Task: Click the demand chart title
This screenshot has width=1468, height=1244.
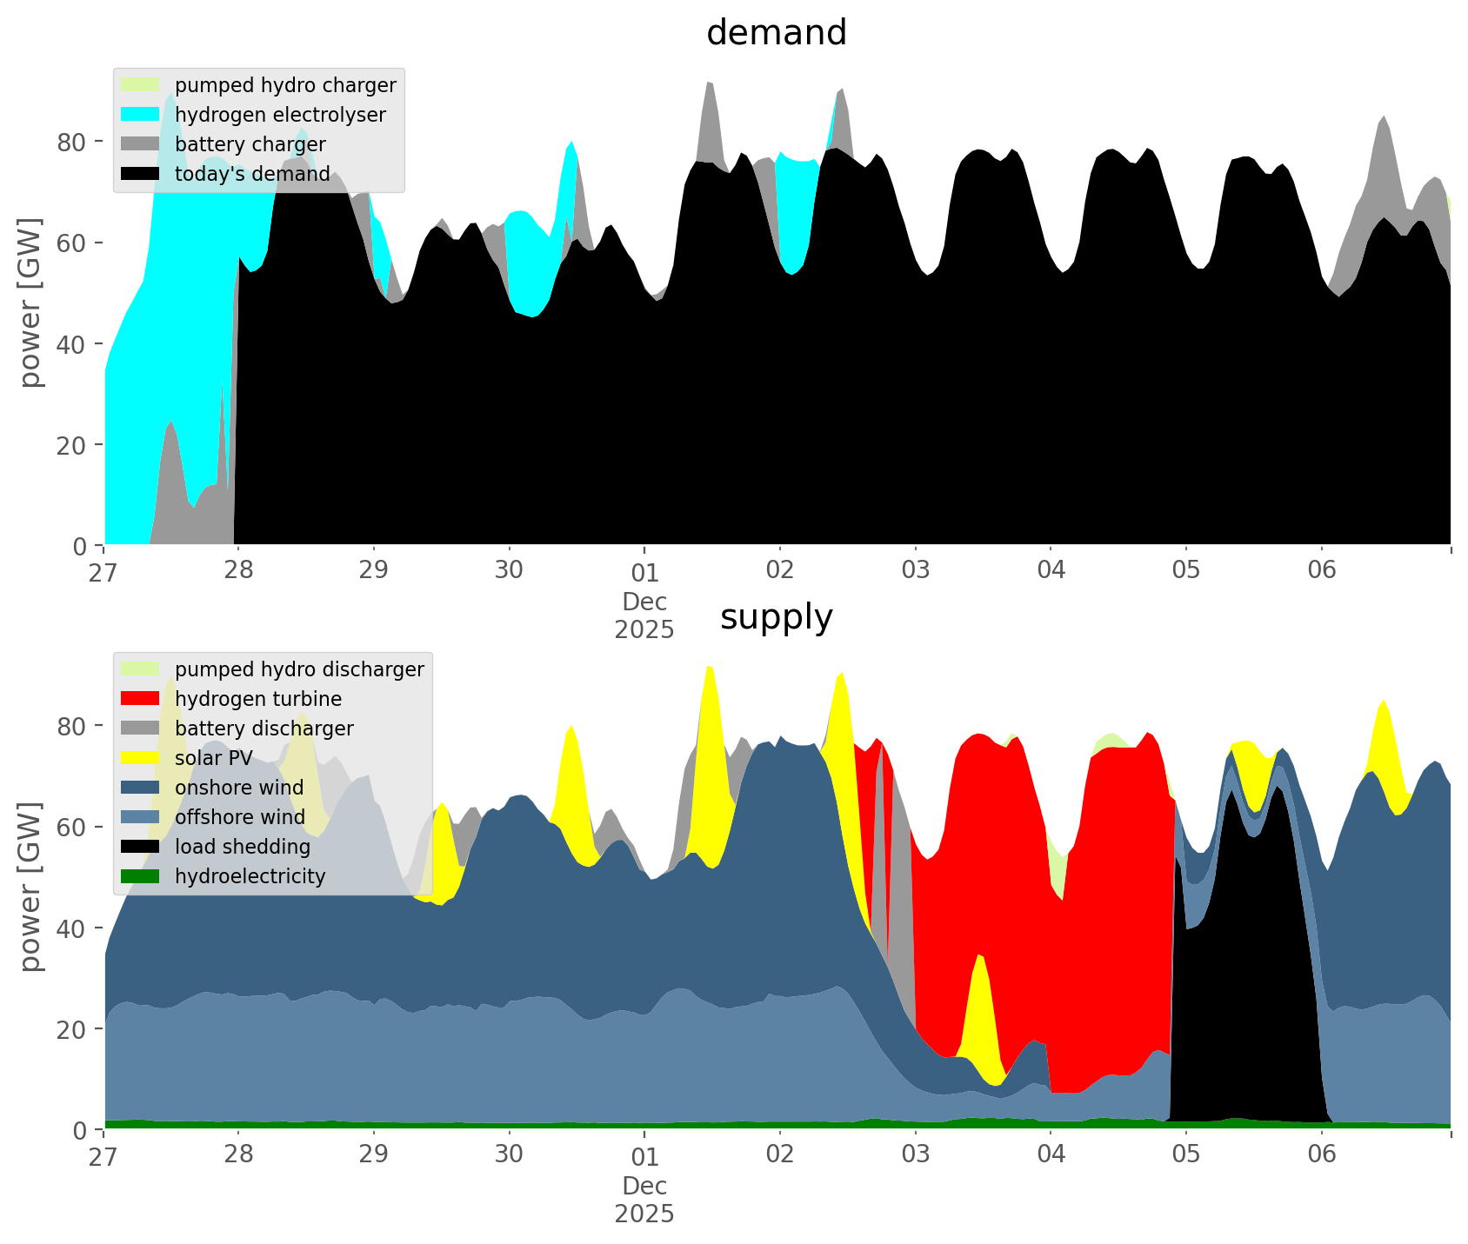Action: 776,33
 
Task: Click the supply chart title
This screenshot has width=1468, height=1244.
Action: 776,617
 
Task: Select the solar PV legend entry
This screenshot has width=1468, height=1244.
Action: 213,758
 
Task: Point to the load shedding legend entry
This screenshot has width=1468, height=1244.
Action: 243,847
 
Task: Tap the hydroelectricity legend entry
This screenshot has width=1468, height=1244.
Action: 250,876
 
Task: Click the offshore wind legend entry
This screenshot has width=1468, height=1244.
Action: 240,817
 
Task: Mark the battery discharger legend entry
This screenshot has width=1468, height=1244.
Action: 264,728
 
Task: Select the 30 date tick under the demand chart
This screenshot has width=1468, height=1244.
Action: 509,571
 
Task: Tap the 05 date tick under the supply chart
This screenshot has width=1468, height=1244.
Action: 1186,1155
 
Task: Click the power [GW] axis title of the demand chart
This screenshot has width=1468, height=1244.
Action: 31,303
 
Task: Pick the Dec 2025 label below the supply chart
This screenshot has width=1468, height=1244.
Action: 644,1200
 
